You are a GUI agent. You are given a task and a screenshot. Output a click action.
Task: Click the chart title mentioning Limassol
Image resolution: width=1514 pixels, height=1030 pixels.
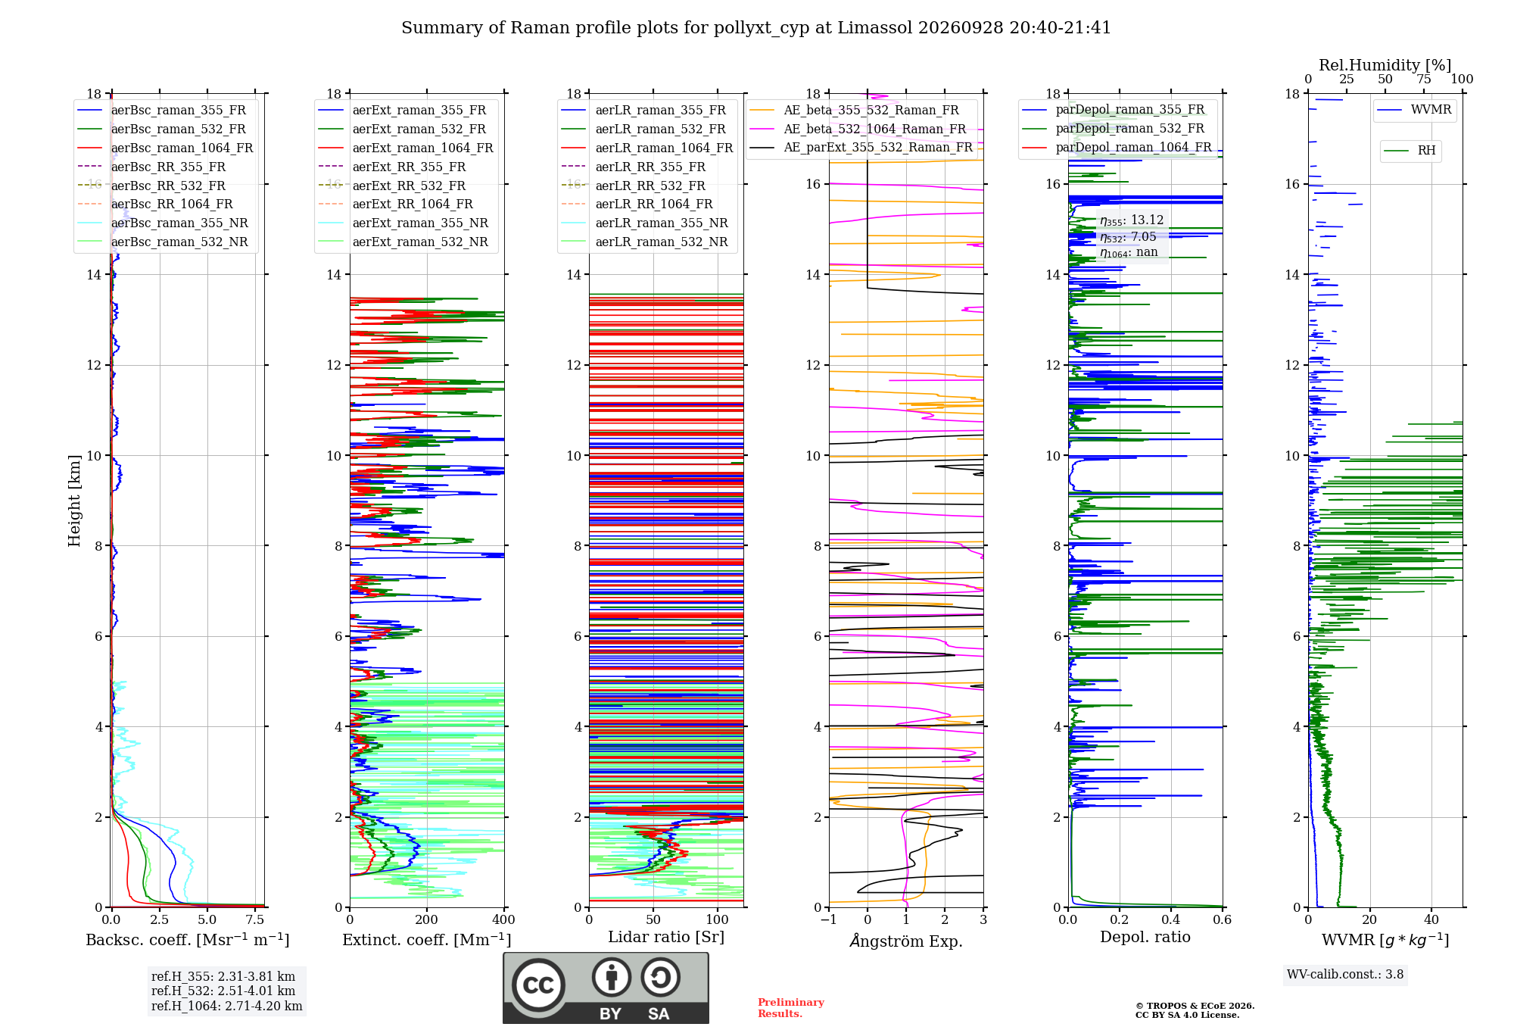[x=756, y=28]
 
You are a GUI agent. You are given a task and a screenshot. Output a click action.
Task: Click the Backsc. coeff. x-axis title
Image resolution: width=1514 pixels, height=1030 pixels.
[x=188, y=940]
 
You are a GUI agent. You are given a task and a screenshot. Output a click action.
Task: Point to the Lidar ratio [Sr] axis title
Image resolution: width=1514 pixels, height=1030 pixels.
[x=666, y=938]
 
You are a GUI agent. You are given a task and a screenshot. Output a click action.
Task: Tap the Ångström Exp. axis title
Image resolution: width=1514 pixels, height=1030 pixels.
[x=906, y=941]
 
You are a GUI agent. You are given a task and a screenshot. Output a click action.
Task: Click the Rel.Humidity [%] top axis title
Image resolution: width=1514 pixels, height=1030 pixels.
[x=1385, y=65]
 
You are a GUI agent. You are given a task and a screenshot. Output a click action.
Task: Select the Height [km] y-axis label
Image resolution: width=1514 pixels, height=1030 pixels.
[x=74, y=501]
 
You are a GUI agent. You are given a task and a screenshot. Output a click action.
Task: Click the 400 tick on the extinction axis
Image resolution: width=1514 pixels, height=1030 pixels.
[x=504, y=920]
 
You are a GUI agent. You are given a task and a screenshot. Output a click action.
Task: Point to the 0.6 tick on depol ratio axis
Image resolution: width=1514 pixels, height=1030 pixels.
[x=1223, y=920]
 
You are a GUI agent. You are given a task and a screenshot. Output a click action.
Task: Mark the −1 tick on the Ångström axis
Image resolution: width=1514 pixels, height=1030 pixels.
[x=829, y=920]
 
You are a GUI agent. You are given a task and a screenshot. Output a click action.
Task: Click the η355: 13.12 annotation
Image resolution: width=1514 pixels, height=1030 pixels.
[x=1132, y=220]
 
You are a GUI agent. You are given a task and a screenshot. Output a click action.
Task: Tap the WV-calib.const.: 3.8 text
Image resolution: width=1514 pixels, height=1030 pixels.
[x=1345, y=975]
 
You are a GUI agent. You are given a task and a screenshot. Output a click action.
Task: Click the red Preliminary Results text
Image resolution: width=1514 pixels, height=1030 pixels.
[x=791, y=1008]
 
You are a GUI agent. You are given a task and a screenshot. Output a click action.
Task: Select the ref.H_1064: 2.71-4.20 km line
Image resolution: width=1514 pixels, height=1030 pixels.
[x=227, y=1007]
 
